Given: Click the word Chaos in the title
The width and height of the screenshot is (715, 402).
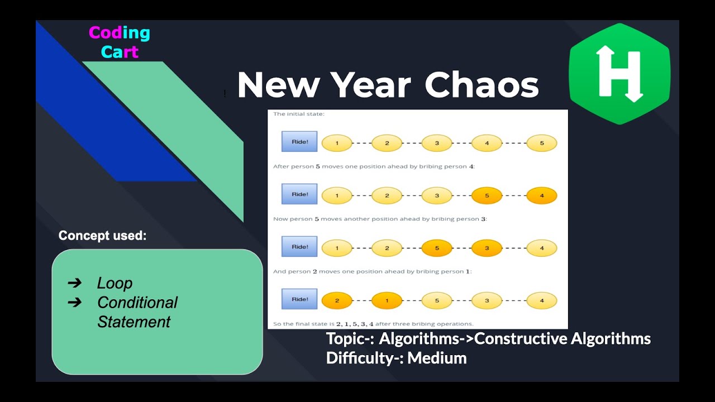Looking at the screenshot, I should (482, 85).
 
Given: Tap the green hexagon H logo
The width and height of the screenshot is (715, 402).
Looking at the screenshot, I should (619, 74).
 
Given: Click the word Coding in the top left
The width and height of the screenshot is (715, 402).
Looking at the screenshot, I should (120, 33).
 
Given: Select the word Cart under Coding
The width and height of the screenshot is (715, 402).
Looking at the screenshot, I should (120, 52).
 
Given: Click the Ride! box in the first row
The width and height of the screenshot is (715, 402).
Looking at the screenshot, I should (299, 142).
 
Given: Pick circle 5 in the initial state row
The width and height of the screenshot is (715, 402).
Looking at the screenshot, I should (541, 143).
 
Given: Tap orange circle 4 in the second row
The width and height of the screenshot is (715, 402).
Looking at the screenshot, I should (541, 196).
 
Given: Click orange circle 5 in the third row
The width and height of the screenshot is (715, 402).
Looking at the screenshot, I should (436, 248).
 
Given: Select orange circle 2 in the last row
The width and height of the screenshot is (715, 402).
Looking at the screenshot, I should (337, 300).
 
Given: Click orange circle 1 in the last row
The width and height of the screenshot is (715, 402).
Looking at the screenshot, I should (387, 300).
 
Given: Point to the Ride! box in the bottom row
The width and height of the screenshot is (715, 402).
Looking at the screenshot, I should (299, 299).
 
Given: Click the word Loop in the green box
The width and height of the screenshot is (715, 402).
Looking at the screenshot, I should (115, 283).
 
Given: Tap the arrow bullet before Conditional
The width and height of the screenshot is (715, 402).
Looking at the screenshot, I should (74, 302).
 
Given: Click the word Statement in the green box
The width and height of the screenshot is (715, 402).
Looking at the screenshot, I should (134, 322).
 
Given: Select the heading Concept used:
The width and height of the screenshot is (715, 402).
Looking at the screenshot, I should (102, 236).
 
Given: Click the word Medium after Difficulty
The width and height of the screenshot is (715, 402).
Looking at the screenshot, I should (437, 358).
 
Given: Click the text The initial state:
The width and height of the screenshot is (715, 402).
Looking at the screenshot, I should (298, 114).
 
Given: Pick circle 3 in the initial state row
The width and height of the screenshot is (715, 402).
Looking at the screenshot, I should (436, 143).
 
